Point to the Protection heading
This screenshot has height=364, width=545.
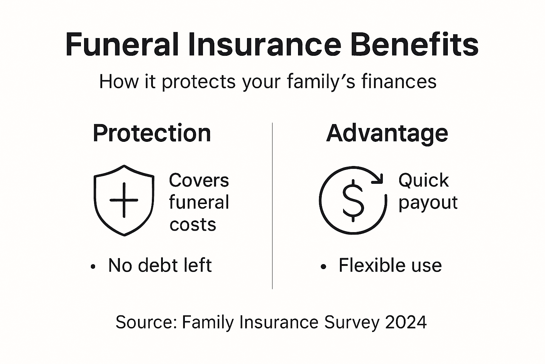tap(152, 133)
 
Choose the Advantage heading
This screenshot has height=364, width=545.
tap(387, 133)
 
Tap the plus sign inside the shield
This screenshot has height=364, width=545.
tap(124, 200)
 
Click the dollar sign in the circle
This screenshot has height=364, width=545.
tap(353, 200)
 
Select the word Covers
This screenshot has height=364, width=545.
tap(199, 180)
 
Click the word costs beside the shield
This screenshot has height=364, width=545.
tap(193, 225)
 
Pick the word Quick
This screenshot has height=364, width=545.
tap(423, 180)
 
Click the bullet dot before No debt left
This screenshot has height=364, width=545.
tap(93, 267)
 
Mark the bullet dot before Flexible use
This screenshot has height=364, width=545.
tap(323, 267)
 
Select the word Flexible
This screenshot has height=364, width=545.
tap(367, 265)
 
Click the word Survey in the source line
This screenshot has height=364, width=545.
tap(352, 322)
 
